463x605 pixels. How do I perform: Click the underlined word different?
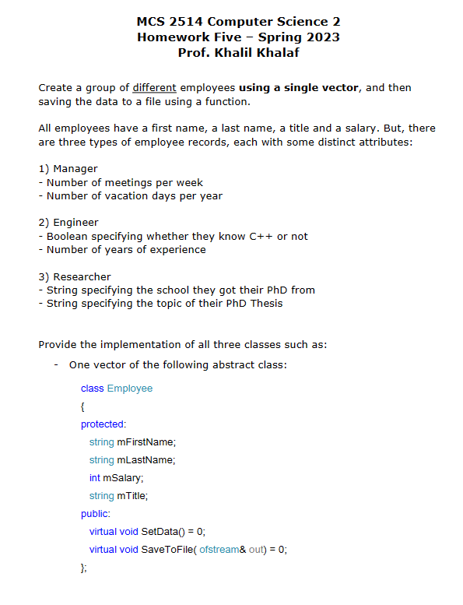tap(154, 88)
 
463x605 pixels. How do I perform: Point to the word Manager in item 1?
tap(75, 169)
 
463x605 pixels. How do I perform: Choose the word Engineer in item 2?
tap(76, 223)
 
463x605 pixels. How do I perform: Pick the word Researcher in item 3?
tap(82, 276)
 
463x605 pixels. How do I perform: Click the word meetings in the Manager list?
tap(127, 182)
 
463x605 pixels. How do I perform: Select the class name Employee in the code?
tap(130, 388)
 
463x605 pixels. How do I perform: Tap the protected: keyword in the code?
tap(103, 424)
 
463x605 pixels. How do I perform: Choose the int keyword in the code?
tap(94, 477)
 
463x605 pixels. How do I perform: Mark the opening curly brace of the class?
tap(83, 406)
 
